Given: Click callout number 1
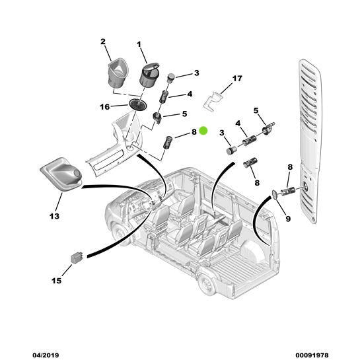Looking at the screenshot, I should (x=139, y=44).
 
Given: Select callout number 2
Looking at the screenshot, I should (x=103, y=42).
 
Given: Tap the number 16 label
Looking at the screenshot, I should (x=104, y=106).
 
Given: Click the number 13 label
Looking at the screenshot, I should (x=54, y=216).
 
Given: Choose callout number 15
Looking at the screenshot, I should (x=56, y=281).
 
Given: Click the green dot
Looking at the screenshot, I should (x=203, y=131).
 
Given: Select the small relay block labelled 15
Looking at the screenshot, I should (x=76, y=258).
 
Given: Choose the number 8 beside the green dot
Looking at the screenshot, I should (x=194, y=131).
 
